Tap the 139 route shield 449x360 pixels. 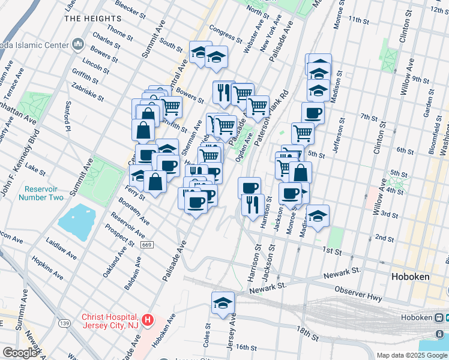point(65,323)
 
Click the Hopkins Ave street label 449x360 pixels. point(48,268)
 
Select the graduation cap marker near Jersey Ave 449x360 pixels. point(223,302)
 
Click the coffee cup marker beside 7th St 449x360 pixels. point(312,112)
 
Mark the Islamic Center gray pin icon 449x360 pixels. point(77,44)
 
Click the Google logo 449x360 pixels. point(20,353)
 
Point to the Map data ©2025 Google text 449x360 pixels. point(412,355)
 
